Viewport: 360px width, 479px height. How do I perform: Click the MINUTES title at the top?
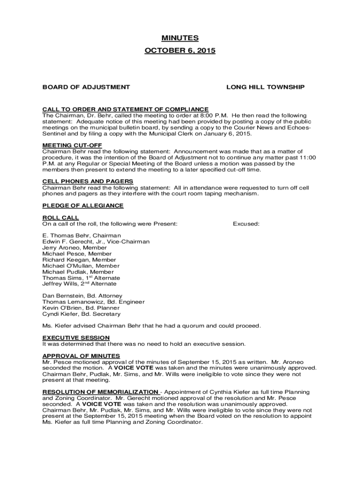(x=180, y=38)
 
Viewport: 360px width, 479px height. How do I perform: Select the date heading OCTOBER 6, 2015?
(x=180, y=51)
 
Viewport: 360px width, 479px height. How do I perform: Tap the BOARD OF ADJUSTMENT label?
(x=86, y=87)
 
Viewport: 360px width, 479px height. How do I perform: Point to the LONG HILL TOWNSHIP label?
(x=266, y=87)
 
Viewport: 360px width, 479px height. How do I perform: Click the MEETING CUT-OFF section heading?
(x=72, y=145)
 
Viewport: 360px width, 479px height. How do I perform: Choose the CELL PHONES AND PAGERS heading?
(x=88, y=181)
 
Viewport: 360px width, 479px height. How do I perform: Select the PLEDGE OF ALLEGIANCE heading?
(x=83, y=206)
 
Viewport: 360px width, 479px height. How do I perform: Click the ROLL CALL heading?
(x=61, y=218)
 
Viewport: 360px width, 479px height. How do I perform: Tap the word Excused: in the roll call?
(x=246, y=224)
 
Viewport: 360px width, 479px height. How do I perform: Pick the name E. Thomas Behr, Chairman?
(x=82, y=235)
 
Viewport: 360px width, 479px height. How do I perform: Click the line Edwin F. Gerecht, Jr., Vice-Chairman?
(x=96, y=241)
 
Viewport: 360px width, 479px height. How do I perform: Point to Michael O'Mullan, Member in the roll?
(x=81, y=266)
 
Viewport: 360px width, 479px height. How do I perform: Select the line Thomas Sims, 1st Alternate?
(x=81, y=278)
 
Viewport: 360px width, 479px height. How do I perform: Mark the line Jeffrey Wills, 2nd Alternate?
(x=79, y=284)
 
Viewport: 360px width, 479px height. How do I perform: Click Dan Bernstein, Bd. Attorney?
(x=82, y=296)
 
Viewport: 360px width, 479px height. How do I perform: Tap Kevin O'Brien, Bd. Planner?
(x=80, y=308)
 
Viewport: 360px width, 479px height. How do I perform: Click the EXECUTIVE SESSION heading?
(x=76, y=338)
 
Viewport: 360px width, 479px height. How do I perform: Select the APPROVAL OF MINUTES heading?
(x=81, y=356)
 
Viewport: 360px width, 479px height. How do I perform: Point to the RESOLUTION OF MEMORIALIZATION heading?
(x=101, y=392)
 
